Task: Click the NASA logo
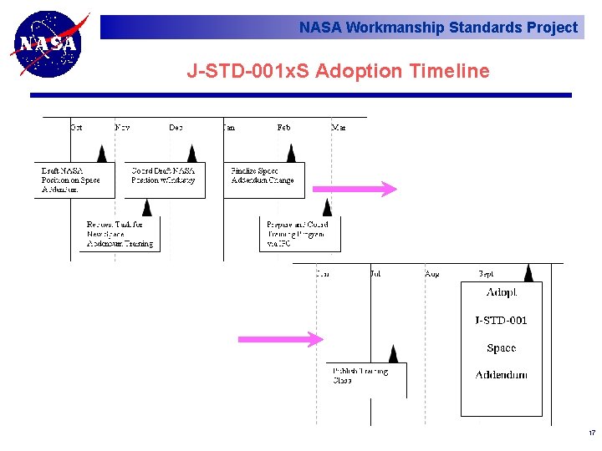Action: [x=48, y=43]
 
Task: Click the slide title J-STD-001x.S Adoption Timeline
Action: [x=338, y=71]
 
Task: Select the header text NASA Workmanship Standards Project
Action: [x=438, y=28]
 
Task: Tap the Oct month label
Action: [x=76, y=127]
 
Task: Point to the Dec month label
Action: [x=176, y=127]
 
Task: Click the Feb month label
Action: [x=283, y=127]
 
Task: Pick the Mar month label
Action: [x=338, y=127]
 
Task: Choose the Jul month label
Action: [x=375, y=273]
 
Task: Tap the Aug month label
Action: [x=431, y=273]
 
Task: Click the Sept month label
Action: [x=486, y=273]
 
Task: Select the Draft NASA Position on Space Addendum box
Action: [x=74, y=180]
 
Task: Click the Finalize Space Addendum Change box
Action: [x=263, y=180]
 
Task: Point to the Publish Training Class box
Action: [x=366, y=380]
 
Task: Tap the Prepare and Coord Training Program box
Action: [x=299, y=234]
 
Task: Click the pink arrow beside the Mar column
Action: [x=355, y=190]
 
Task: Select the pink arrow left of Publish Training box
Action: [x=280, y=339]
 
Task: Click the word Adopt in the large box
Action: [x=502, y=293]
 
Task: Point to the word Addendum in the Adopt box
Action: [x=502, y=375]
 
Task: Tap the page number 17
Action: [x=591, y=433]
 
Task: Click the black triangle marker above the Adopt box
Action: [x=528, y=273]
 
